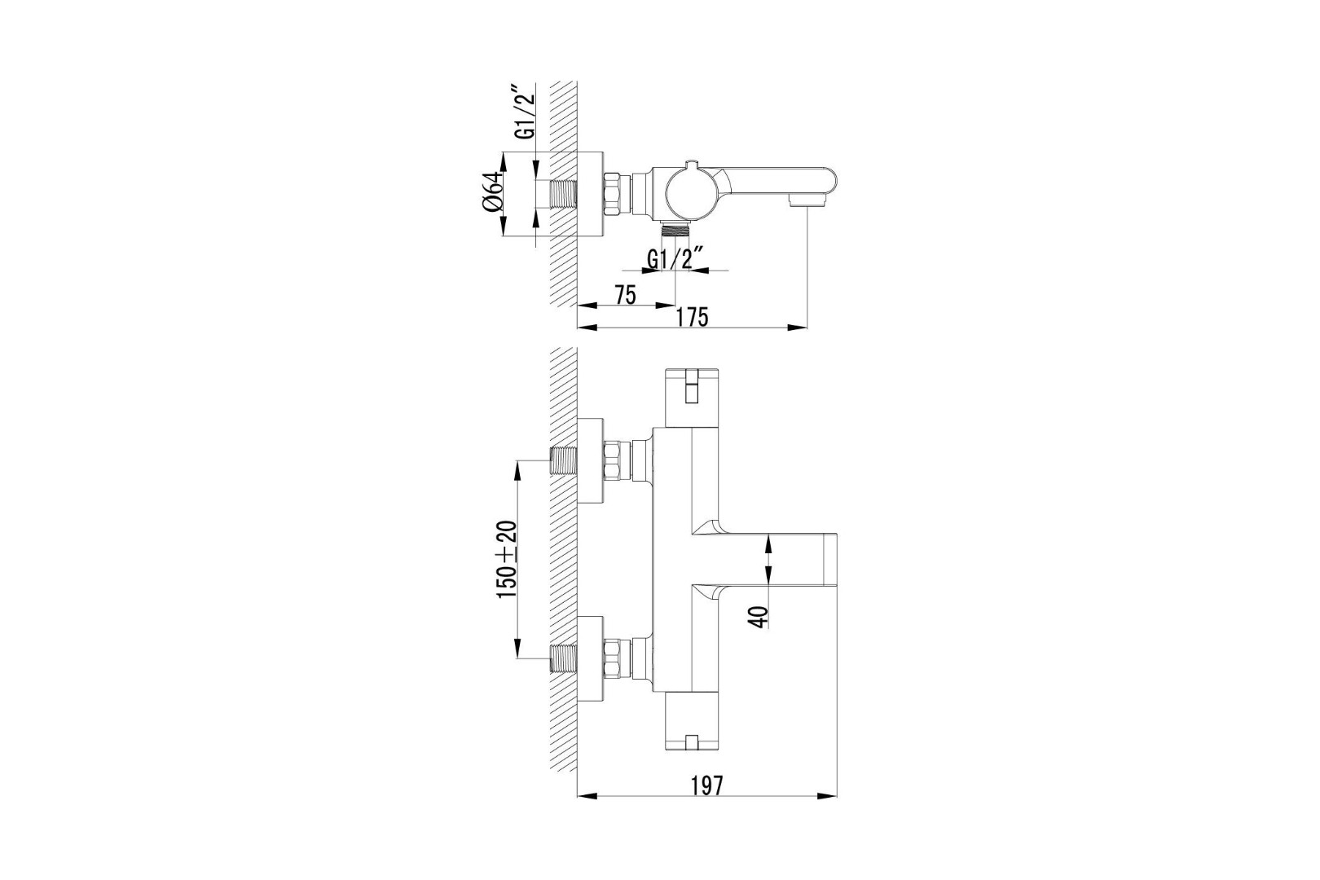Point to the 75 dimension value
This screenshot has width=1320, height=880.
coord(625,295)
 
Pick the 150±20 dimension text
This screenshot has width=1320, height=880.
coord(507,559)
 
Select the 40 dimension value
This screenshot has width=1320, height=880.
coord(760,617)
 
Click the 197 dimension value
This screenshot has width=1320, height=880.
coord(706,785)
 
